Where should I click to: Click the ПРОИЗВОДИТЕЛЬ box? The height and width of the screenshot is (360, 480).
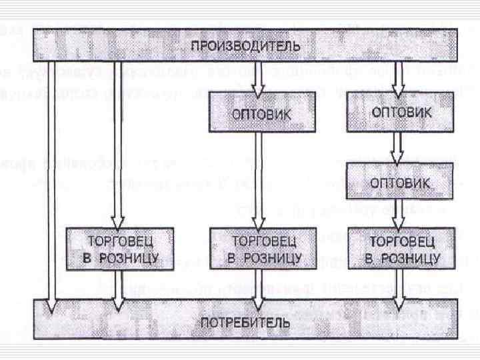click(x=246, y=46)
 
